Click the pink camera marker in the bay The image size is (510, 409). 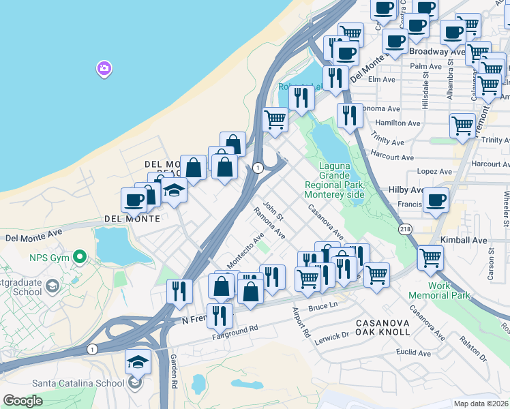(x=104, y=68)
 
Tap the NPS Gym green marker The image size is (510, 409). (x=80, y=258)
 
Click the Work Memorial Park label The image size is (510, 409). (x=449, y=290)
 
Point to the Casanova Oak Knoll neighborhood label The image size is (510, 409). (x=383, y=326)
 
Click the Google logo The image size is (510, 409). (x=22, y=401)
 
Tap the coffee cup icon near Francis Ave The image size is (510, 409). (x=436, y=201)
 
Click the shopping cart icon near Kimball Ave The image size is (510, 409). (x=430, y=258)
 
